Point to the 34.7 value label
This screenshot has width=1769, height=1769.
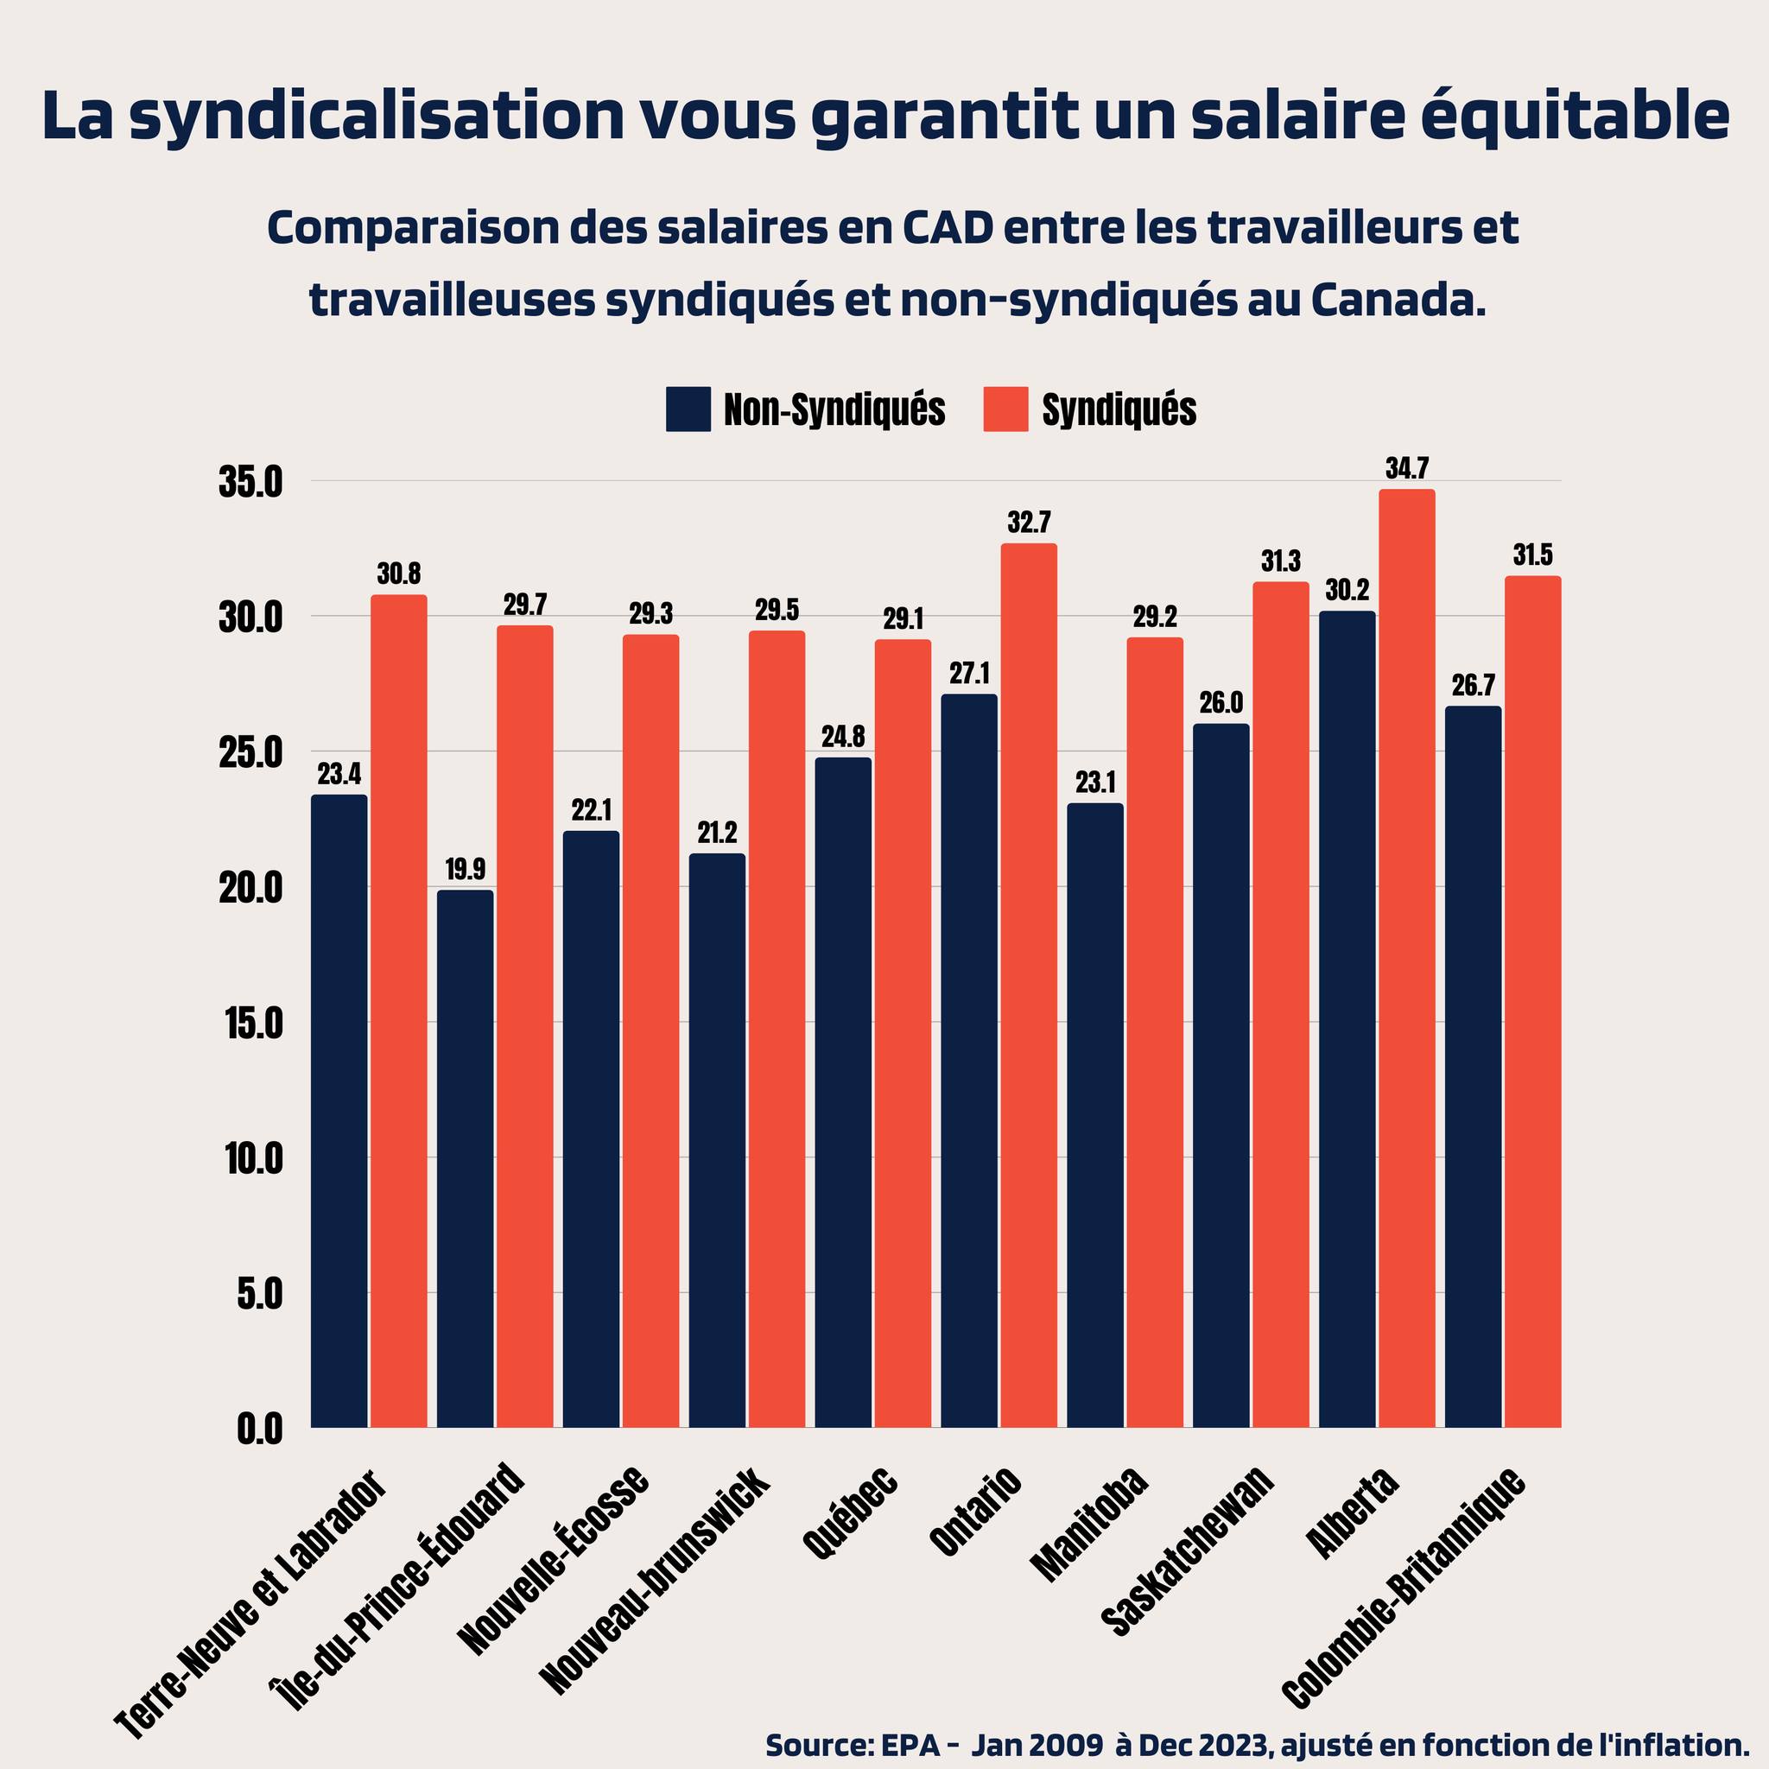1406,469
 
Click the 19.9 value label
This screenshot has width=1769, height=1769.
466,870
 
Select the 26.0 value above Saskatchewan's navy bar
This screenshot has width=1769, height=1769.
1221,703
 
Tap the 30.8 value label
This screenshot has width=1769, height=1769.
399,574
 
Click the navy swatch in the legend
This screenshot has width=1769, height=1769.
688,409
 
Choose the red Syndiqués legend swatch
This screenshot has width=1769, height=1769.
1005,409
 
